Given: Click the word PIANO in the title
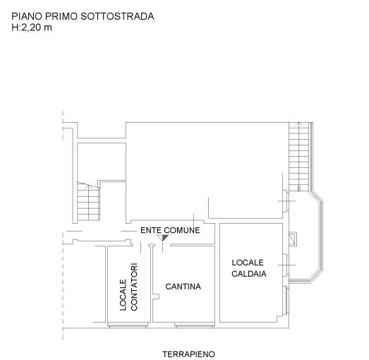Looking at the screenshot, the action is click(x=27, y=16).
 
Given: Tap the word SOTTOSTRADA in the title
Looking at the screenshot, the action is click(x=117, y=16).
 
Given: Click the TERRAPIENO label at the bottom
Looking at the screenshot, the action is click(x=189, y=354).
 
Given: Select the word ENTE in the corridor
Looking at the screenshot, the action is click(x=151, y=230).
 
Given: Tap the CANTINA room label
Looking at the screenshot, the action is click(x=183, y=287).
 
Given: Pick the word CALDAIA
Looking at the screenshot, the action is click(x=249, y=274).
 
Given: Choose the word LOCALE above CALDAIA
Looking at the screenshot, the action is click(x=248, y=263).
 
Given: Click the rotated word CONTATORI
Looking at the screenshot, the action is click(x=134, y=287).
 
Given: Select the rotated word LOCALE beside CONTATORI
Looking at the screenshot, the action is click(x=123, y=295).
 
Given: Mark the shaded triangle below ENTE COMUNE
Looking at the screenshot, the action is click(x=163, y=238).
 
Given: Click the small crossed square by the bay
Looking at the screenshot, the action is click(x=293, y=239).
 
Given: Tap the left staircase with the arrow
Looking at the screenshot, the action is click(x=88, y=202).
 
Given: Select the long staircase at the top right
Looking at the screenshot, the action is click(x=299, y=157).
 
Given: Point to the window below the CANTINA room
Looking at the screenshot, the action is click(x=195, y=325).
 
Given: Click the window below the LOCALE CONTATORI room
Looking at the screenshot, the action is click(x=128, y=325).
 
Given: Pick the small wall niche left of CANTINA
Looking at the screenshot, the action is click(x=156, y=296).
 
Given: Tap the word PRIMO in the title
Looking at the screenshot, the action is click(x=61, y=16).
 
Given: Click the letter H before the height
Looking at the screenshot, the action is click(x=15, y=28).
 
